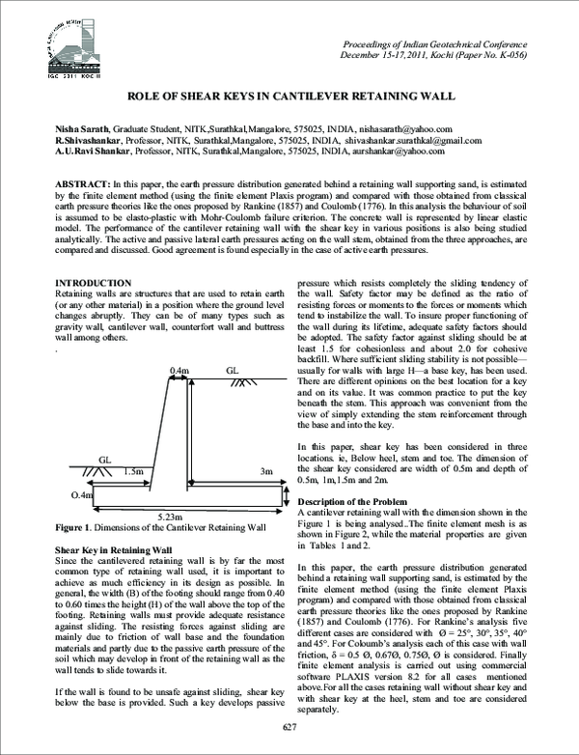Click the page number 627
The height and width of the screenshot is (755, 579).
[289, 725]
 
